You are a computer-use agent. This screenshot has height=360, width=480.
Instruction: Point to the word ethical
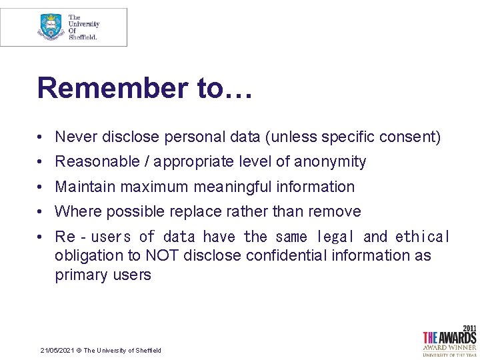click(x=423, y=237)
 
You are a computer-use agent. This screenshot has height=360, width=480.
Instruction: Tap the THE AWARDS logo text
click(x=449, y=337)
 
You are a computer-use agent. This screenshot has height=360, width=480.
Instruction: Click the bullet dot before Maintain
click(x=41, y=187)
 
